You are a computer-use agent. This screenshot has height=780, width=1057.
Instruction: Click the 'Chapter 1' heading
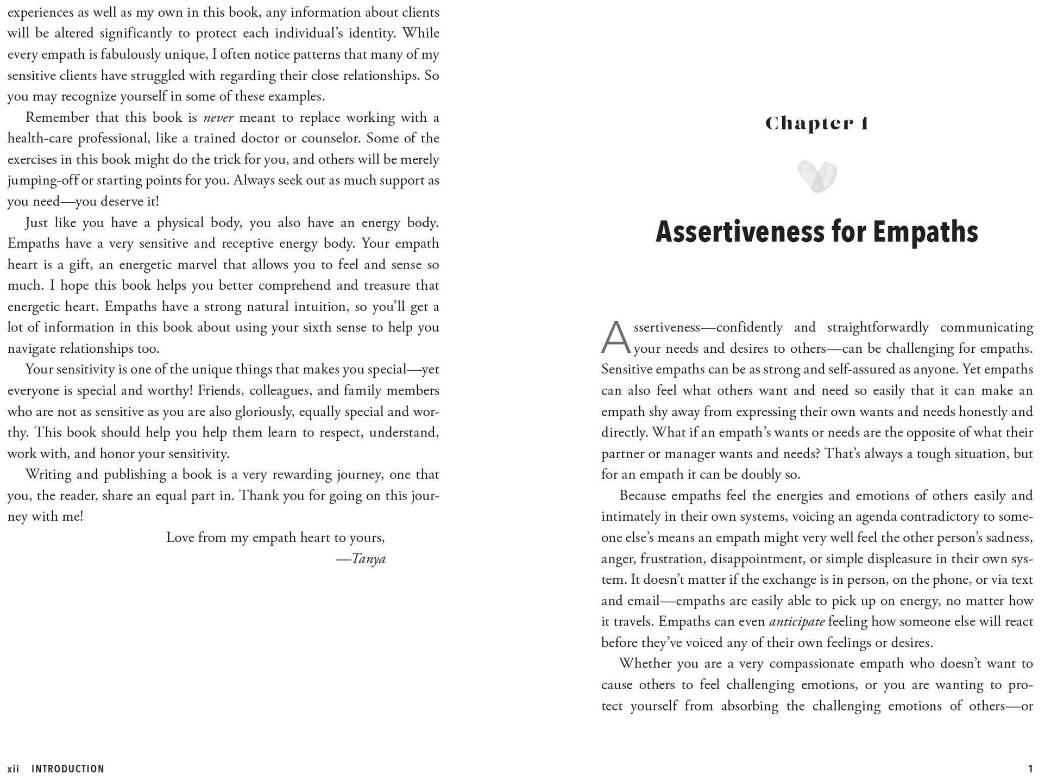816,124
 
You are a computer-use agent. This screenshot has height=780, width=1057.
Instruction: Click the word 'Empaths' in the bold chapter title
925,232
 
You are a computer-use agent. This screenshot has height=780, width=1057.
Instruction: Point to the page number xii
14,769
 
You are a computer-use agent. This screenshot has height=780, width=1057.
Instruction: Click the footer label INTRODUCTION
68,769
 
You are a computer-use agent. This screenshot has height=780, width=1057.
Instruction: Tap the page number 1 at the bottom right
1030,769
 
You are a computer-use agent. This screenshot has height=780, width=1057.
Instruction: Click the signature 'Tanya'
368,559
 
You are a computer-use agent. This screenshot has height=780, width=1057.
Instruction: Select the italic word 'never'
218,117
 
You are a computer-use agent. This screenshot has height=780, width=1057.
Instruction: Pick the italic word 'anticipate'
797,621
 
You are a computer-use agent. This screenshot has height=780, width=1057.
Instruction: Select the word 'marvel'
196,265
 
